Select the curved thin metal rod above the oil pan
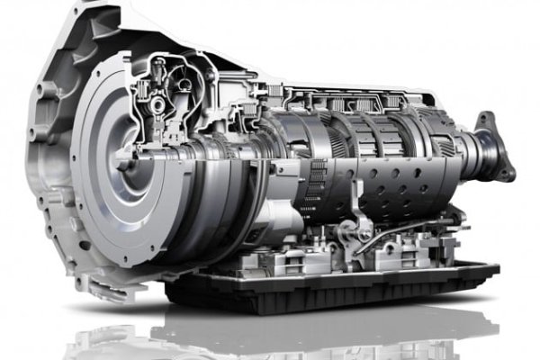pyautogui.click(x=405, y=236)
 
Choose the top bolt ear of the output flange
pyautogui.click(x=486, y=119)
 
